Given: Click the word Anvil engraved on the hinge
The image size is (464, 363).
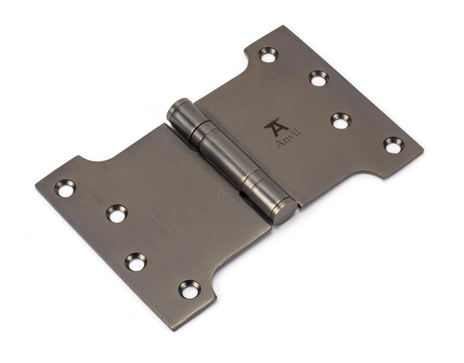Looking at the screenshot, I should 288,139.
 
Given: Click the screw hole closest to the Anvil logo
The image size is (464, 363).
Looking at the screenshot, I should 341,120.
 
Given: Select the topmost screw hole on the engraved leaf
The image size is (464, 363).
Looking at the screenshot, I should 268,54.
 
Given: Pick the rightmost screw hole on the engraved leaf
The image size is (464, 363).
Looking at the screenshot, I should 393,144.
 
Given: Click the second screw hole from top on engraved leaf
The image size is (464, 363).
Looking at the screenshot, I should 318,78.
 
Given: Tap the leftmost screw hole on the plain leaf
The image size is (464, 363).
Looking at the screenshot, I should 64,188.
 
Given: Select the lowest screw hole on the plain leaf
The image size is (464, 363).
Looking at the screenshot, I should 189,289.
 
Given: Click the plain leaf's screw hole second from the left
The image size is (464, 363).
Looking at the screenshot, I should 117,213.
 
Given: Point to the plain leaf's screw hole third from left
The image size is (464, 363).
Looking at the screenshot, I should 136,261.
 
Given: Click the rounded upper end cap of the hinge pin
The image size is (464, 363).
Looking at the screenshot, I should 178,110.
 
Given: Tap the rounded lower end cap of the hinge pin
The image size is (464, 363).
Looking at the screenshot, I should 284,212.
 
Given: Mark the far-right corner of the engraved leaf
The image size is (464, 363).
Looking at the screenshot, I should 423,153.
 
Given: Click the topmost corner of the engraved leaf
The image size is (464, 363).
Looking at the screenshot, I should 284,26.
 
